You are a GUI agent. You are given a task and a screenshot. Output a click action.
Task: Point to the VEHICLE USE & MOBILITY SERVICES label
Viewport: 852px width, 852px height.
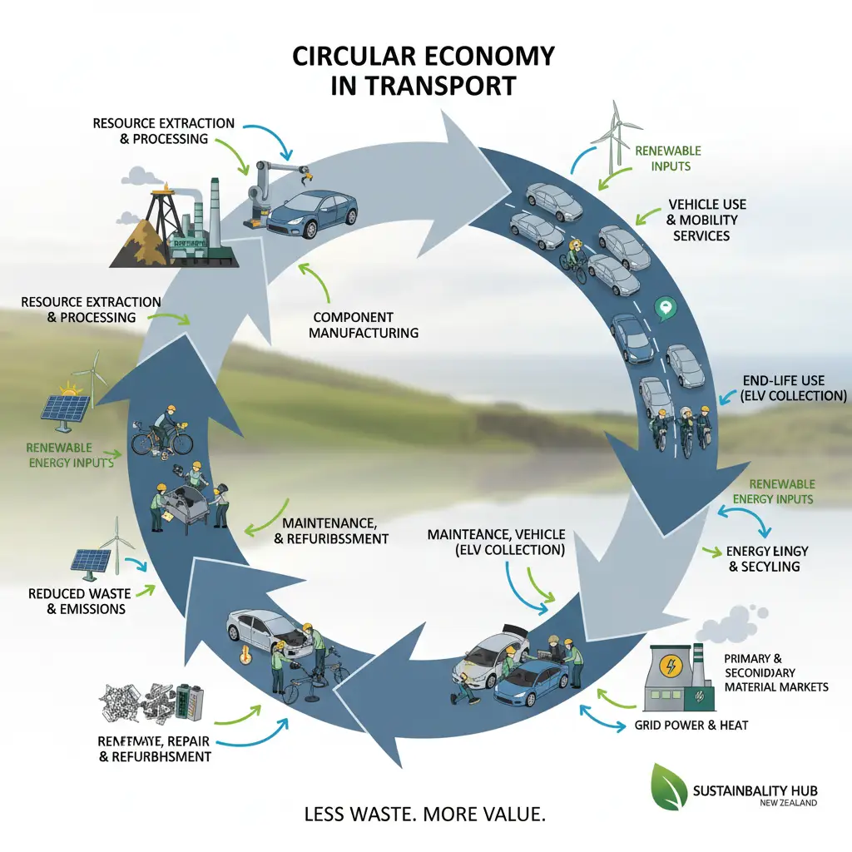[706, 220]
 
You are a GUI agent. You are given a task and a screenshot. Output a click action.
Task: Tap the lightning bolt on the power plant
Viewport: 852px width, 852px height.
[668, 667]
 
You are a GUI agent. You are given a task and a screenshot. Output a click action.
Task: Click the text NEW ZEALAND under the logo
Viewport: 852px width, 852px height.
[788, 804]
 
